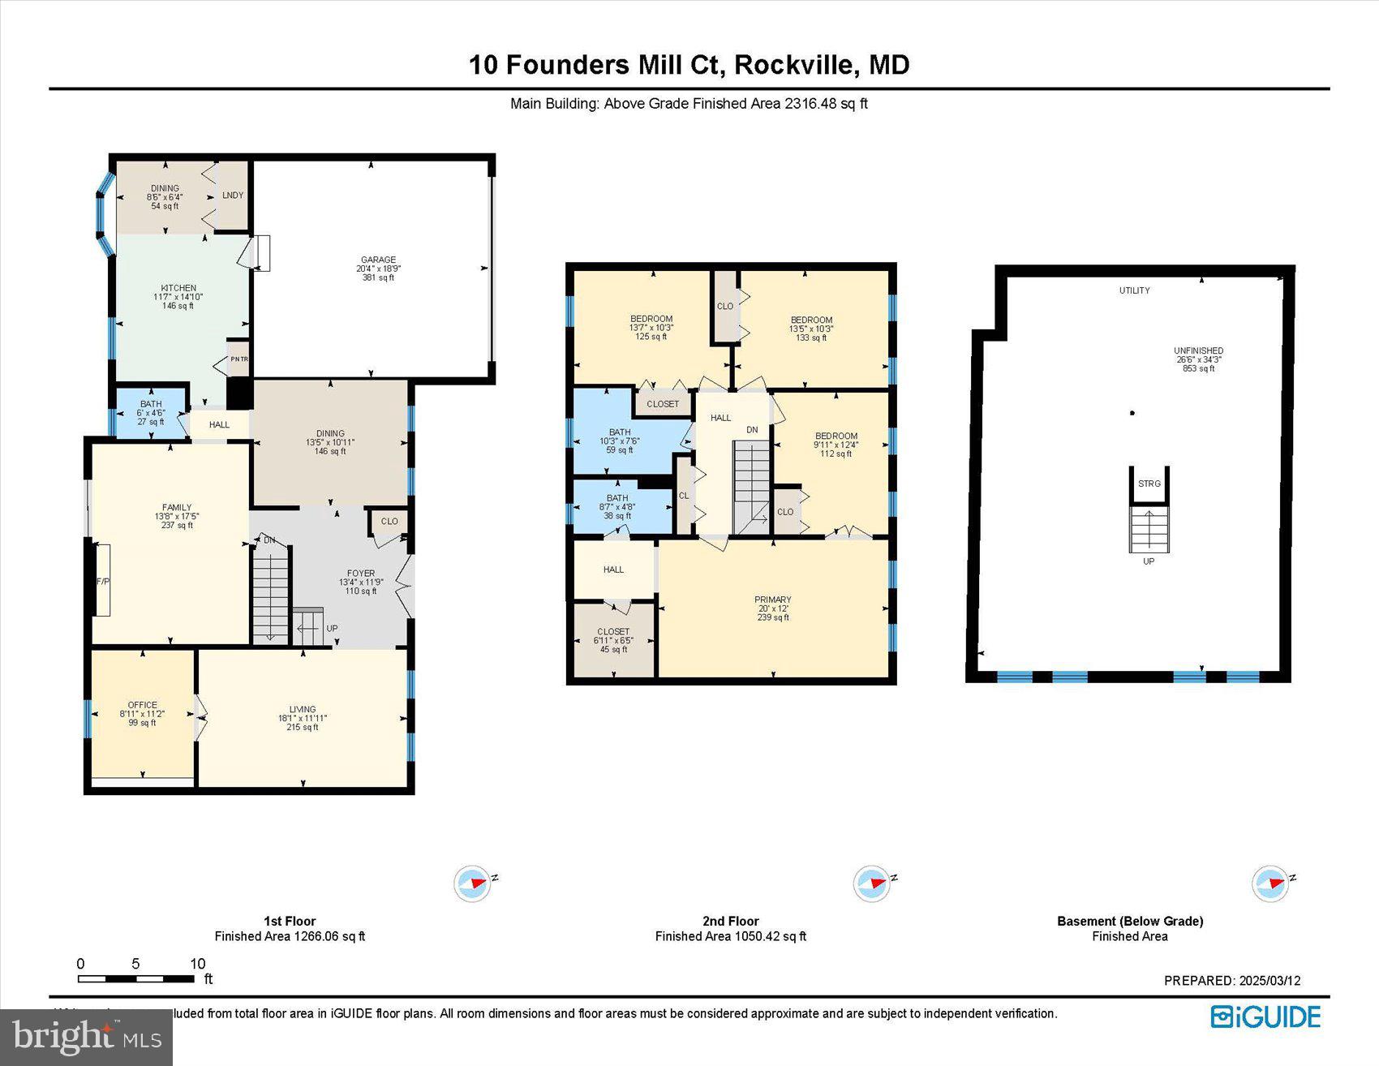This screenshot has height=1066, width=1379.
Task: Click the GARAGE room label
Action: point(378,260)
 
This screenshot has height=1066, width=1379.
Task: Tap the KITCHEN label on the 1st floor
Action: point(178,288)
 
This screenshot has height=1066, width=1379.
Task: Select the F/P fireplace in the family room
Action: point(103,581)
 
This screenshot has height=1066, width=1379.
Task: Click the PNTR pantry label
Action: point(239,359)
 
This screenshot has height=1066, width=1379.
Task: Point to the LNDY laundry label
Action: point(233,196)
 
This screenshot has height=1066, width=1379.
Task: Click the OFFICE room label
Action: point(143,705)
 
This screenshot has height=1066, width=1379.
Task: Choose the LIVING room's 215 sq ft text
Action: point(303,728)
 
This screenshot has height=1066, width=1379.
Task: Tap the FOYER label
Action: point(361,574)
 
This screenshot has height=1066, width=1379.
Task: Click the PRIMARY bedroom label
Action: point(772,600)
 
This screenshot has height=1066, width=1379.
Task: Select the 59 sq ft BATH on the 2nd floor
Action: point(619,450)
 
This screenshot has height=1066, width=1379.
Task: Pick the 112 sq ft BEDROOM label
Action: point(836,436)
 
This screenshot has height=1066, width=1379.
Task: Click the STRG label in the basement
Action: point(1149,484)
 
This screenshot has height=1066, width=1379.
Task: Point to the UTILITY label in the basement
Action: point(1134,290)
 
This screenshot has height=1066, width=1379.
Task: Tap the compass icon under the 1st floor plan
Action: point(473,883)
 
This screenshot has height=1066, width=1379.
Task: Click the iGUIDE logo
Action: point(1265,1017)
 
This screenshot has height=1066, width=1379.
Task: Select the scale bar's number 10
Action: point(197,964)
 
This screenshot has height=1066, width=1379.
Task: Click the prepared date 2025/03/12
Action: point(1269,980)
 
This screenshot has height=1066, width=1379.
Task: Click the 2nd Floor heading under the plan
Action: point(730,921)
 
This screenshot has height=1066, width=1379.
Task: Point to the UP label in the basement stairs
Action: point(1149,561)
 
